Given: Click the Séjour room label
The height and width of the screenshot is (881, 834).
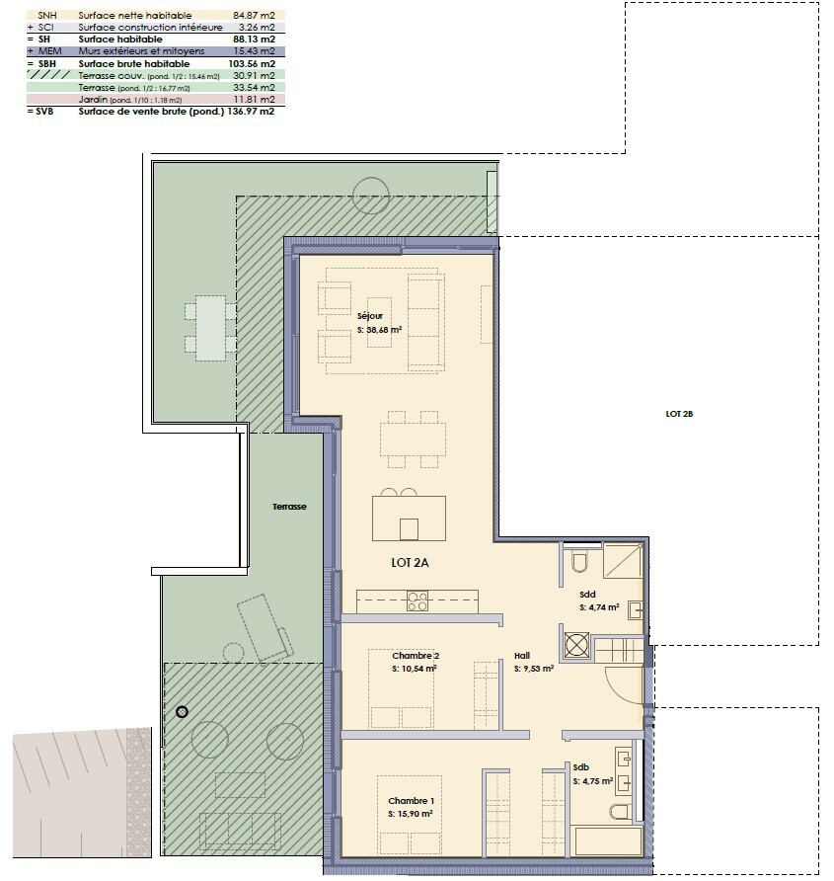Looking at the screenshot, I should coord(370,316).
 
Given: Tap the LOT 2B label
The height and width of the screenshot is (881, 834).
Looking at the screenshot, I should coord(680,415).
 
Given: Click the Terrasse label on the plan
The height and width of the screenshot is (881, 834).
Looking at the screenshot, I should coord(290,507).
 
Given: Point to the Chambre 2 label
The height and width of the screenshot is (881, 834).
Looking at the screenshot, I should coord(415,656).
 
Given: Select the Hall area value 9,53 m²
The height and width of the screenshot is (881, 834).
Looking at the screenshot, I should coord(533,669).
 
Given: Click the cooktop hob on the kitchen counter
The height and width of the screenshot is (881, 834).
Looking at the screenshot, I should coord(417,600).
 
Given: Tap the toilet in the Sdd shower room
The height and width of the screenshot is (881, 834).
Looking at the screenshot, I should coord(579,562).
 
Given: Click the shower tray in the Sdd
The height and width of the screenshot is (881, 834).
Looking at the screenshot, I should coord(622,560).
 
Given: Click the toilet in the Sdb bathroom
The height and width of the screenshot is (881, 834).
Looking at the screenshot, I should coord(620,812).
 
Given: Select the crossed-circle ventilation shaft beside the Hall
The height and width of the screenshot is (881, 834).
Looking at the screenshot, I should coord(576,645).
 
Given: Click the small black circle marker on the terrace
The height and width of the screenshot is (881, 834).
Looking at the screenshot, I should coord(182,711).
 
